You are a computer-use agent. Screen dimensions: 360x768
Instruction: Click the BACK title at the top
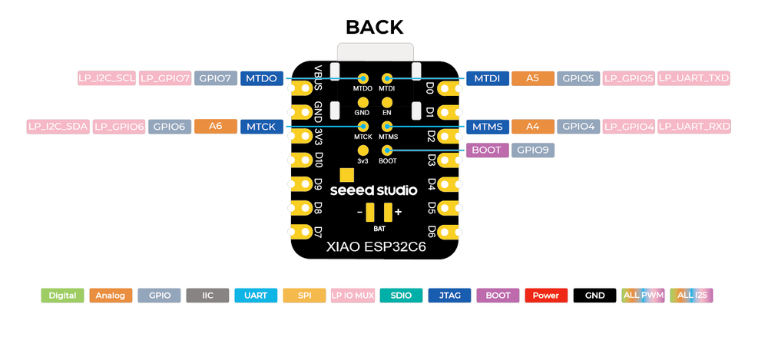tap(374, 27)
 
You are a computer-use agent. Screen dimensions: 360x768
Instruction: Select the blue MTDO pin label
tap(262, 78)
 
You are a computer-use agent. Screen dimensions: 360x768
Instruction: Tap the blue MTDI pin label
tap(488, 78)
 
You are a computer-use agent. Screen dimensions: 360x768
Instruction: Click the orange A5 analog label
tap(532, 78)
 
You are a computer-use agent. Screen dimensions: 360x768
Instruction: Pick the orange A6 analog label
tap(216, 127)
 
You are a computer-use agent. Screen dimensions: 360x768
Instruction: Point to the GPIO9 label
tap(533, 150)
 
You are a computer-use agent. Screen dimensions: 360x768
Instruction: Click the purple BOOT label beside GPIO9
tap(488, 150)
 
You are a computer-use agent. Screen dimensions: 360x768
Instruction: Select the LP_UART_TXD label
tap(694, 78)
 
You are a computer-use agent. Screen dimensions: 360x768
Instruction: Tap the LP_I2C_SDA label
tap(58, 127)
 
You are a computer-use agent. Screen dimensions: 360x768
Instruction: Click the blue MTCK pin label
tap(262, 127)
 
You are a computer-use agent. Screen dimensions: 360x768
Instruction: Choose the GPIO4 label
tap(578, 127)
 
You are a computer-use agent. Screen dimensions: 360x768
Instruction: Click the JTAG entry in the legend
tap(449, 296)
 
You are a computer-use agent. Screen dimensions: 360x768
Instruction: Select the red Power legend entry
tap(546, 296)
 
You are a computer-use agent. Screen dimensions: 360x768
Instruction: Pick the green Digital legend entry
tap(62, 296)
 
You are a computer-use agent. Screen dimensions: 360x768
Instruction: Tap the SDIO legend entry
tap(401, 296)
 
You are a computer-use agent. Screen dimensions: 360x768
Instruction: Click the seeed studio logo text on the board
tap(373, 190)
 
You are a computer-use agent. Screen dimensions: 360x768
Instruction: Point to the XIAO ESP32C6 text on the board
tap(376, 247)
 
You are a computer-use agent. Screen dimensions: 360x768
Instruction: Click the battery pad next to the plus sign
tap(389, 212)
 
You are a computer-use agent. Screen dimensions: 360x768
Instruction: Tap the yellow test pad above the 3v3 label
tap(363, 150)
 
